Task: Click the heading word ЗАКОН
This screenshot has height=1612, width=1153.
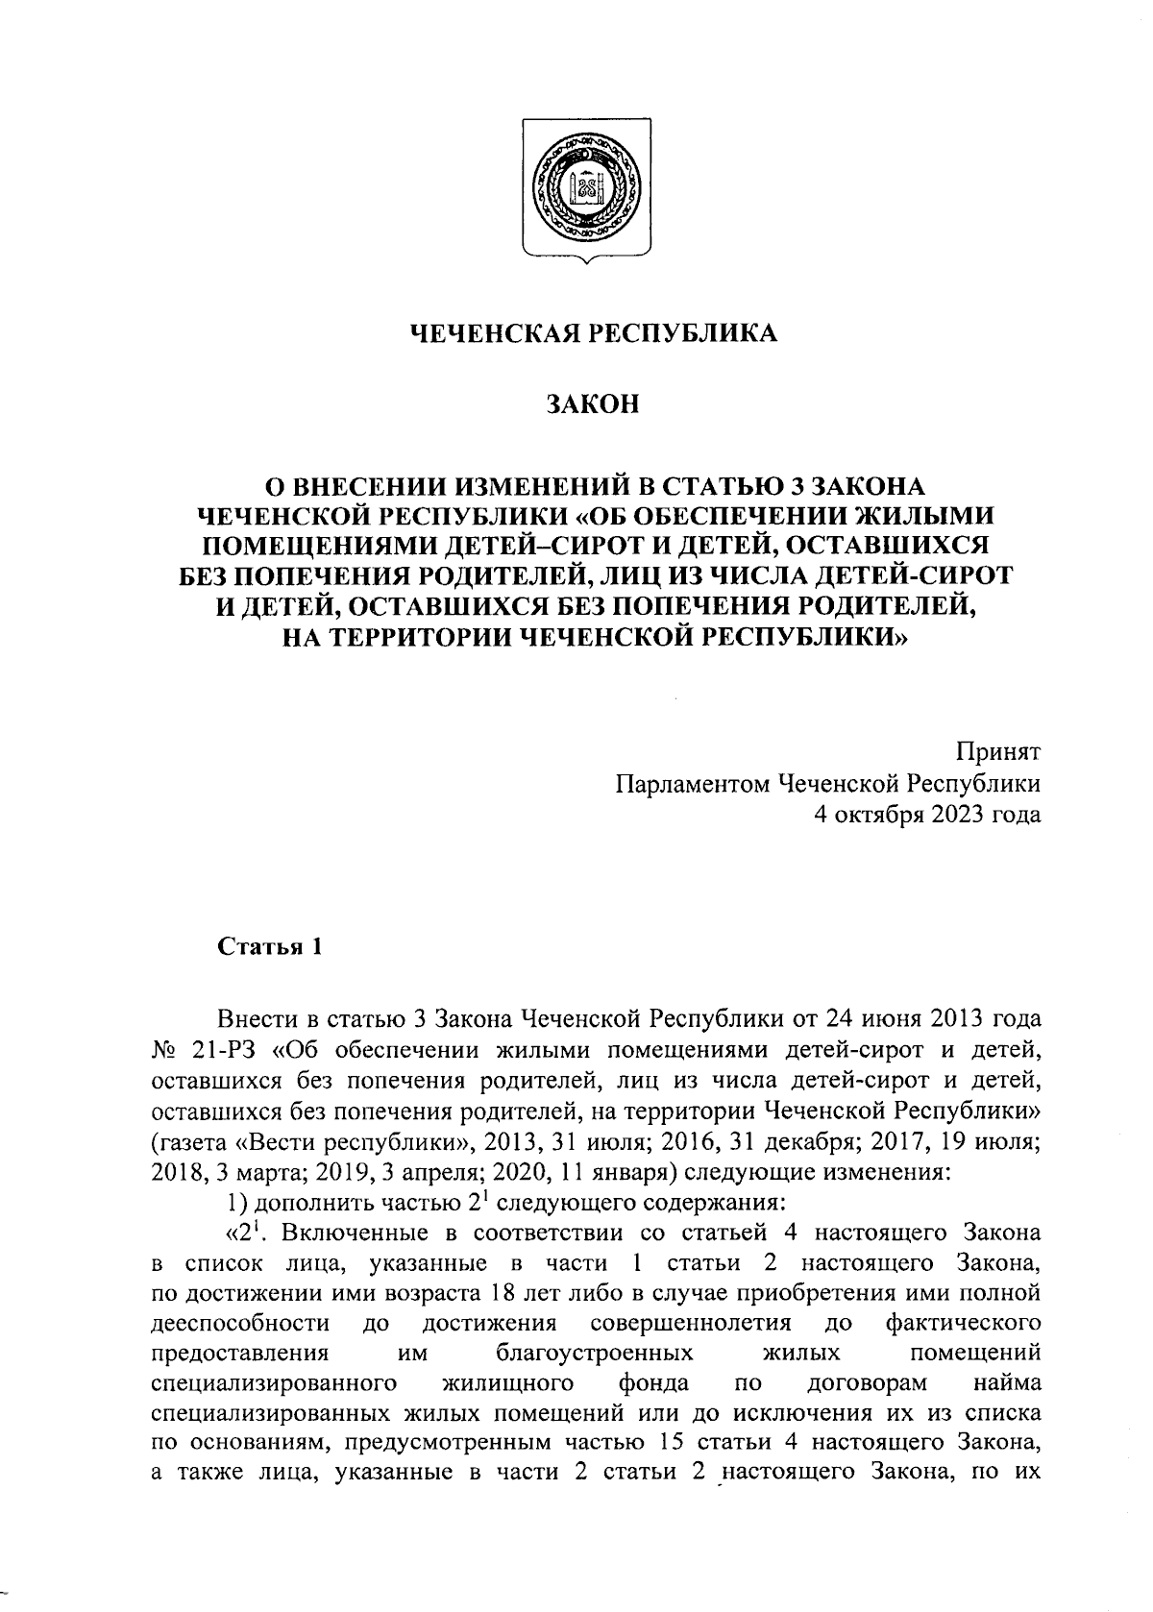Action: pyautogui.click(x=592, y=404)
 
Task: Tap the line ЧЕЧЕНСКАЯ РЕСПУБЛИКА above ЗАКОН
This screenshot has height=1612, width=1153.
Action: pyautogui.click(x=593, y=333)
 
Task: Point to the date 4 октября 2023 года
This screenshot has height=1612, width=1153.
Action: pyautogui.click(x=925, y=816)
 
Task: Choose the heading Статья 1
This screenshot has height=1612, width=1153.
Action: pyautogui.click(x=269, y=947)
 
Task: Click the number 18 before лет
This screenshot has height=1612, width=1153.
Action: pyautogui.click(x=503, y=1293)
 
